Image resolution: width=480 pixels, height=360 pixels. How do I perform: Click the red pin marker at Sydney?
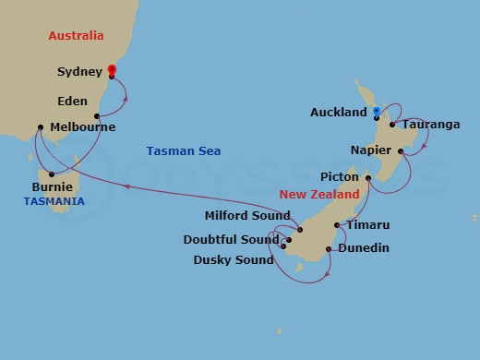112,69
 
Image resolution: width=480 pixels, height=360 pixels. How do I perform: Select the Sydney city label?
80,72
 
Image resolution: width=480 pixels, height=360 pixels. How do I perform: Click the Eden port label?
72,102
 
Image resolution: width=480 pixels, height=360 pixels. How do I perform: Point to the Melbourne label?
83,127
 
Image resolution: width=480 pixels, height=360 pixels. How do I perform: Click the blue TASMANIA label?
54,201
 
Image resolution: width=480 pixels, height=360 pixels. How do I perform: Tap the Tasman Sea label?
184,151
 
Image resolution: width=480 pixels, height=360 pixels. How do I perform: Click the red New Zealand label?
318,196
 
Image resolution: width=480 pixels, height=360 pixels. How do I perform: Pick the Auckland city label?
339,113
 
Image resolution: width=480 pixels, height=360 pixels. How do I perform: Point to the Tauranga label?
431,125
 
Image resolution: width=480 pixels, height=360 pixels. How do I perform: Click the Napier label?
372,150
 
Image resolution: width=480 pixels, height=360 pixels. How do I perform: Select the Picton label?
338,176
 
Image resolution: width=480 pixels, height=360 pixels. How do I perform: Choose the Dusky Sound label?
234,260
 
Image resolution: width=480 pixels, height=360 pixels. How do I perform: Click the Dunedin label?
363,248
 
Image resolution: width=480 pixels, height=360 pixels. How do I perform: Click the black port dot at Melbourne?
41,128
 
